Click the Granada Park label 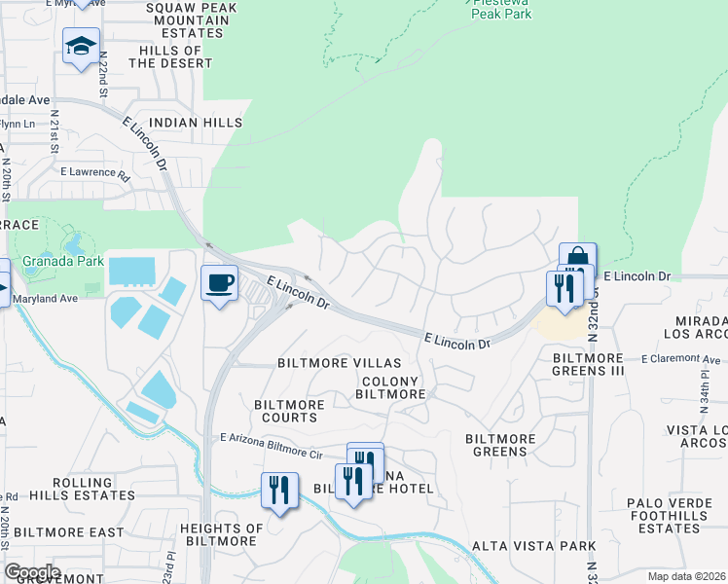tap(52, 261)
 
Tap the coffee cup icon tap(219, 283)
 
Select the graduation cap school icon tap(82, 45)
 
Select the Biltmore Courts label tap(285, 411)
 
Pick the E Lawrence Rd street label tap(94, 175)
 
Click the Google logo tap(32, 571)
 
